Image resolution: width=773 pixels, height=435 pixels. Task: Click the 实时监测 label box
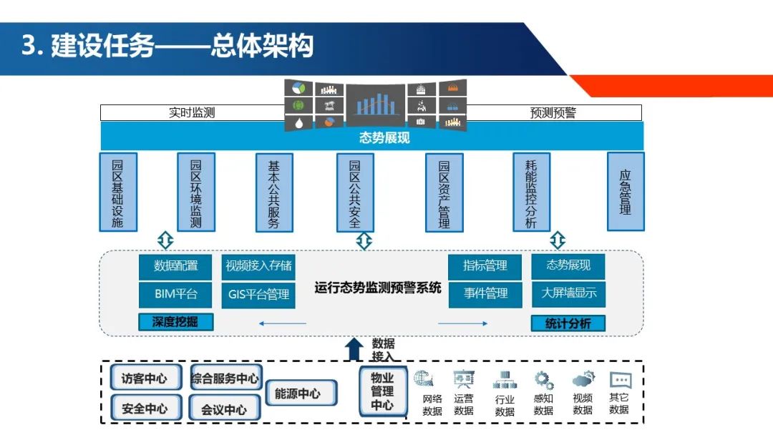pyautogui.click(x=192, y=113)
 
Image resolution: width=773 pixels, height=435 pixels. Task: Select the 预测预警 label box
pyautogui.click(x=553, y=113)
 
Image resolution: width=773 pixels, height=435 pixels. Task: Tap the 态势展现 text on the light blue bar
pyautogui.click(x=384, y=137)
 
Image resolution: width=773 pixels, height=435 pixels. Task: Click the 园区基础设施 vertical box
pyautogui.click(x=117, y=192)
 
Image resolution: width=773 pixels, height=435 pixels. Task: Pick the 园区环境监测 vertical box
pyautogui.click(x=195, y=192)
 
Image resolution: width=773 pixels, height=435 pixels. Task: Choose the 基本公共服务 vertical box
pyautogui.click(x=273, y=192)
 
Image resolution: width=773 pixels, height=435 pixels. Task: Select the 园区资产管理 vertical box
pyautogui.click(x=444, y=192)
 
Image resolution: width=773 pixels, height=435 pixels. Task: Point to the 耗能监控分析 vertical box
pyautogui.click(x=531, y=192)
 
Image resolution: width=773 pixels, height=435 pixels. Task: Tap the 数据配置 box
pyautogui.click(x=175, y=266)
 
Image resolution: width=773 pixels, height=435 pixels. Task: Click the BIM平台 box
pyautogui.click(x=175, y=293)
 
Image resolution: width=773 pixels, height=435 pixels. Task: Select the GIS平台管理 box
pyautogui.click(x=258, y=294)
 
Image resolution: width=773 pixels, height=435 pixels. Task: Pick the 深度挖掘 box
pyautogui.click(x=175, y=322)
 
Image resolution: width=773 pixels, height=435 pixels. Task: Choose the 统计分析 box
pyautogui.click(x=568, y=323)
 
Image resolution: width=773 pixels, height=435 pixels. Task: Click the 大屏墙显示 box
pyautogui.click(x=568, y=293)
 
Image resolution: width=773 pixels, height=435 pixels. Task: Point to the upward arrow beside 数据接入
pyautogui.click(x=354, y=349)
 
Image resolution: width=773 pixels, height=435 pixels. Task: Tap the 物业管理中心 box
pyautogui.click(x=382, y=391)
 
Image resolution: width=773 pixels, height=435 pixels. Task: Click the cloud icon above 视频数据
pyautogui.click(x=583, y=379)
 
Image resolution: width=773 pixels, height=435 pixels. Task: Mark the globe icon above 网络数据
pyautogui.click(x=424, y=379)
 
